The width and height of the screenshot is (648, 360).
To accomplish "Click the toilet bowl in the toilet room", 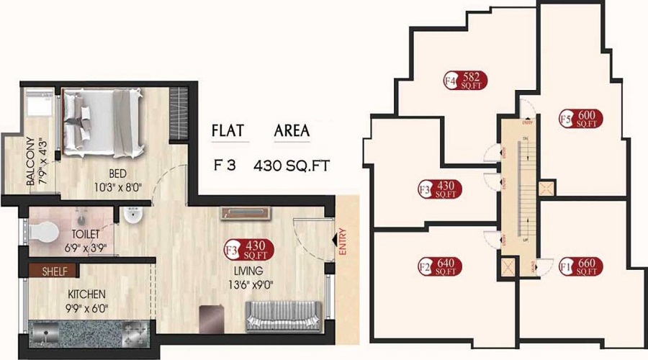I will [x=45, y=230].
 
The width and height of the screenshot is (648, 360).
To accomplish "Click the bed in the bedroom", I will [x=107, y=122].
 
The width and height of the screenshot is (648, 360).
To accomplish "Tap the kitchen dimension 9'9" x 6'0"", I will [x=87, y=309].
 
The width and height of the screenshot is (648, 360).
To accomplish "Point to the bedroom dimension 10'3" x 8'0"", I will [x=119, y=188].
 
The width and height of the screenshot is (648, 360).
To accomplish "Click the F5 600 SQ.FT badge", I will [x=581, y=119].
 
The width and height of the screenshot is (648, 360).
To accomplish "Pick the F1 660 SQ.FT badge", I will [x=580, y=268].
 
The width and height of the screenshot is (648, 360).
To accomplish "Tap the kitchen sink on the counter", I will [x=49, y=334].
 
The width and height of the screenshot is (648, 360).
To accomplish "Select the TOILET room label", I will [x=86, y=235].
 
